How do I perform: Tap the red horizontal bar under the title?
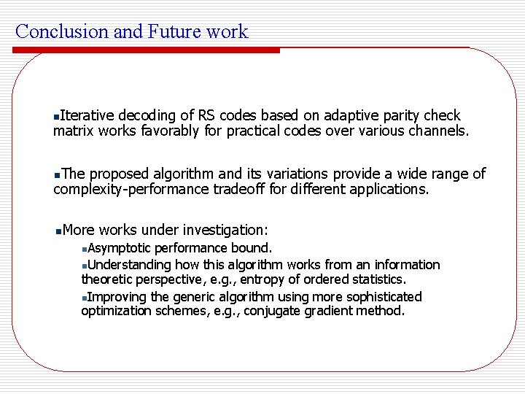pos(146,50)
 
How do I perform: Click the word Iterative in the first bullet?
pos(87,115)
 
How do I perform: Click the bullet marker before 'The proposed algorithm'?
pos(58,174)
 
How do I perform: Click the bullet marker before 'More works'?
pos(58,231)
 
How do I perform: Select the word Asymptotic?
pos(120,248)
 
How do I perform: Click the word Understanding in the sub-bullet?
pos(130,264)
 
